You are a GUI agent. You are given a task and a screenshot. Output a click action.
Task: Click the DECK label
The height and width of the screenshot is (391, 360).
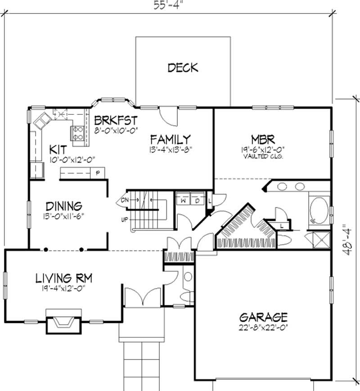(x=183, y=68)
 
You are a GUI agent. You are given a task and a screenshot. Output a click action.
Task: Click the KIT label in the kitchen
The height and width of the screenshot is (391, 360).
(x=58, y=148)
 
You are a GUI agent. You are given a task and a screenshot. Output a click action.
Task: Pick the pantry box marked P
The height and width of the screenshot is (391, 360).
(x=98, y=173)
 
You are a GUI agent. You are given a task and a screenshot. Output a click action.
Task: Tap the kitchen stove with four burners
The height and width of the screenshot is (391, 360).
(x=76, y=133)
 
